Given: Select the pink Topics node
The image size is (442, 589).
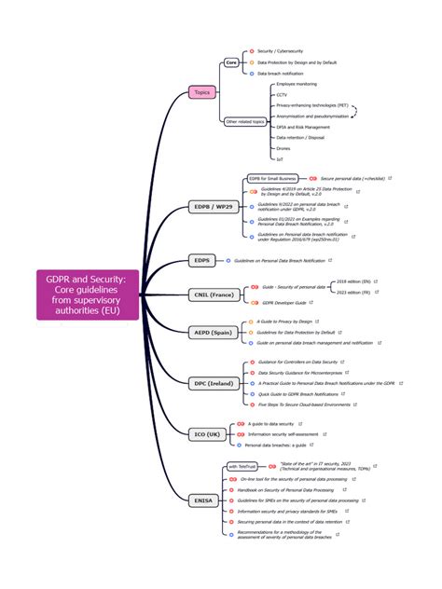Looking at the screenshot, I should point(202,92).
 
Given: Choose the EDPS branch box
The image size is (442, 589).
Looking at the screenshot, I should point(202,261).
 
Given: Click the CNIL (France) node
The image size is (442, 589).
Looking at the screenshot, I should point(214,294).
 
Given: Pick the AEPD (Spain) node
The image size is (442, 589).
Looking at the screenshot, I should point(212,332).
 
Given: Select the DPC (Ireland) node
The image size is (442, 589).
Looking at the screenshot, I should point(213,383).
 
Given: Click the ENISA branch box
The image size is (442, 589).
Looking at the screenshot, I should point(203,500).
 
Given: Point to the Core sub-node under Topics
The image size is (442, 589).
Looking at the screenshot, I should point(231,62).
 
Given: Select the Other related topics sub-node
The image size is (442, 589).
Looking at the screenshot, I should point(245,121).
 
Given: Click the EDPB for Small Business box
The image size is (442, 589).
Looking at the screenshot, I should point(272,178).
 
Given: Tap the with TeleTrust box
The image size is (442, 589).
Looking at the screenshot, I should point(244,466).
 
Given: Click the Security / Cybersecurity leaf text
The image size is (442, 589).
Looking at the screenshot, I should point(280,51).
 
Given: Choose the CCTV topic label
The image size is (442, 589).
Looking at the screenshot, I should point(282,94).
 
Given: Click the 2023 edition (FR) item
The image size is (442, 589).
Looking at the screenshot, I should point(354,293).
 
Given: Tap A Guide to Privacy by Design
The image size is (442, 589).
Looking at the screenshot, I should point(286,322).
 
